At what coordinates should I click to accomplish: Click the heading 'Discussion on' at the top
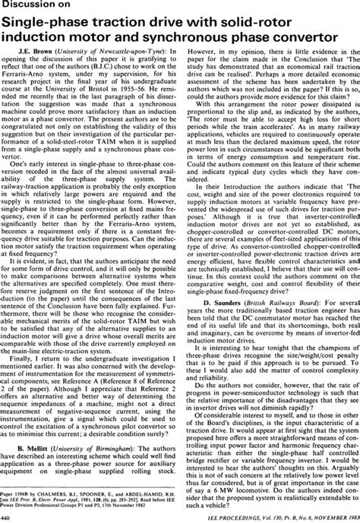(x=37, y=8)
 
